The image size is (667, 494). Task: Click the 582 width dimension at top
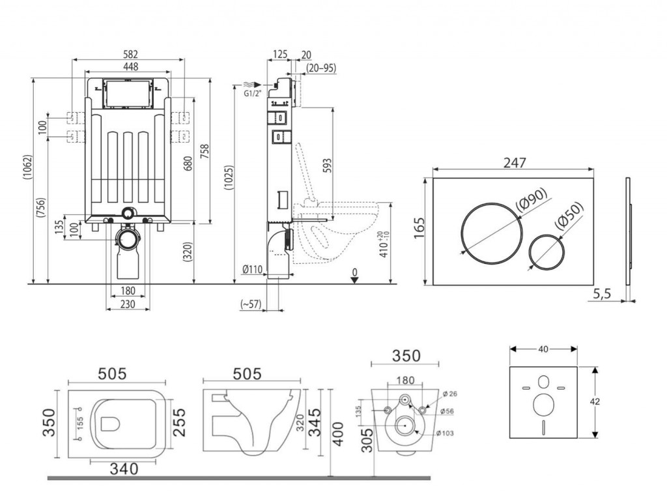tap(129, 54)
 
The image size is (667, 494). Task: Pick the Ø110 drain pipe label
tap(253, 270)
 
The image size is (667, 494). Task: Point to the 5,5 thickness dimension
tap(602, 295)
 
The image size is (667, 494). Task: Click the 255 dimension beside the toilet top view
tap(180, 423)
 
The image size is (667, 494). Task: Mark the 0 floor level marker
tap(354, 272)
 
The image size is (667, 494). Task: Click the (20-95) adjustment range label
tap(320, 67)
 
